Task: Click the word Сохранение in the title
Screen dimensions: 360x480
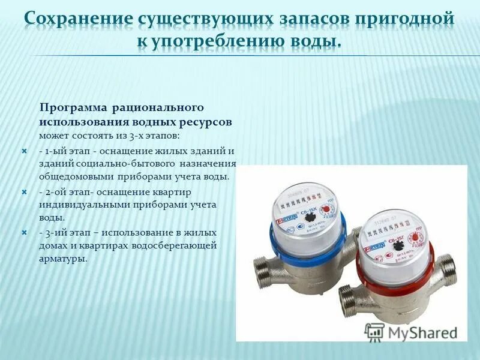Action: [x=75, y=19]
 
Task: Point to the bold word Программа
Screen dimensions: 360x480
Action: [x=72, y=107]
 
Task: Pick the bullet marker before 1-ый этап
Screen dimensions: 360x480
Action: [x=25, y=151]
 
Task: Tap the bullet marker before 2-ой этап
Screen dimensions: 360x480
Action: [x=25, y=193]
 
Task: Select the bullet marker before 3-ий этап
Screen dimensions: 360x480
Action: [x=25, y=232]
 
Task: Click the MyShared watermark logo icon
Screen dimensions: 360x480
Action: [x=374, y=331]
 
